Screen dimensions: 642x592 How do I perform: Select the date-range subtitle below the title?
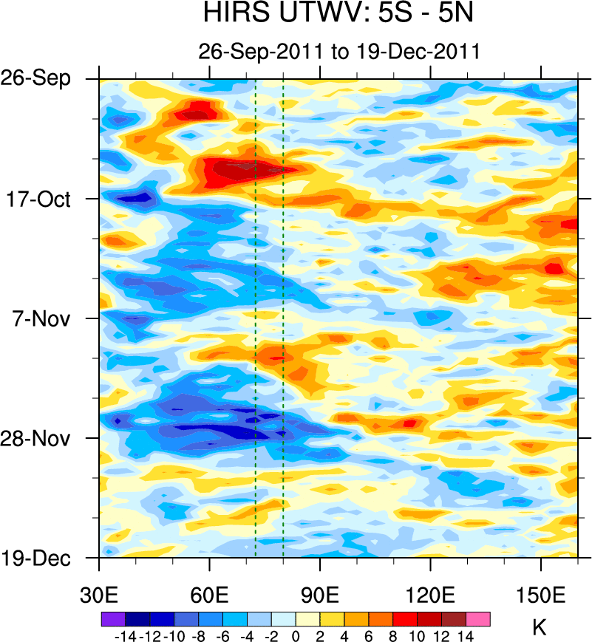[340, 52]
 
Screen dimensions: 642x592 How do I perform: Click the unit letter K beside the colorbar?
[540, 628]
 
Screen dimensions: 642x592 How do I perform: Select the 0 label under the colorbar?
[296, 635]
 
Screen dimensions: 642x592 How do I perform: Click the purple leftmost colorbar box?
[113, 619]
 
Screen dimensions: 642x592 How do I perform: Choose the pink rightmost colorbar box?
[478, 619]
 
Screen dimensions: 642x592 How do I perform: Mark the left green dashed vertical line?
[255, 318]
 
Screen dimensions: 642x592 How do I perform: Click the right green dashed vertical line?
[283, 318]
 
